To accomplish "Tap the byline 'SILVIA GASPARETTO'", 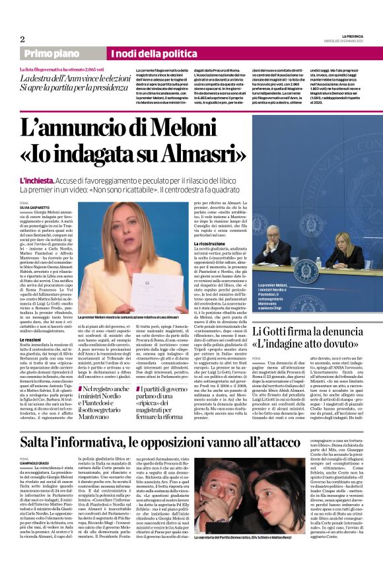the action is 35,208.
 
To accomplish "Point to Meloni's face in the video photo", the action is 131,231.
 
